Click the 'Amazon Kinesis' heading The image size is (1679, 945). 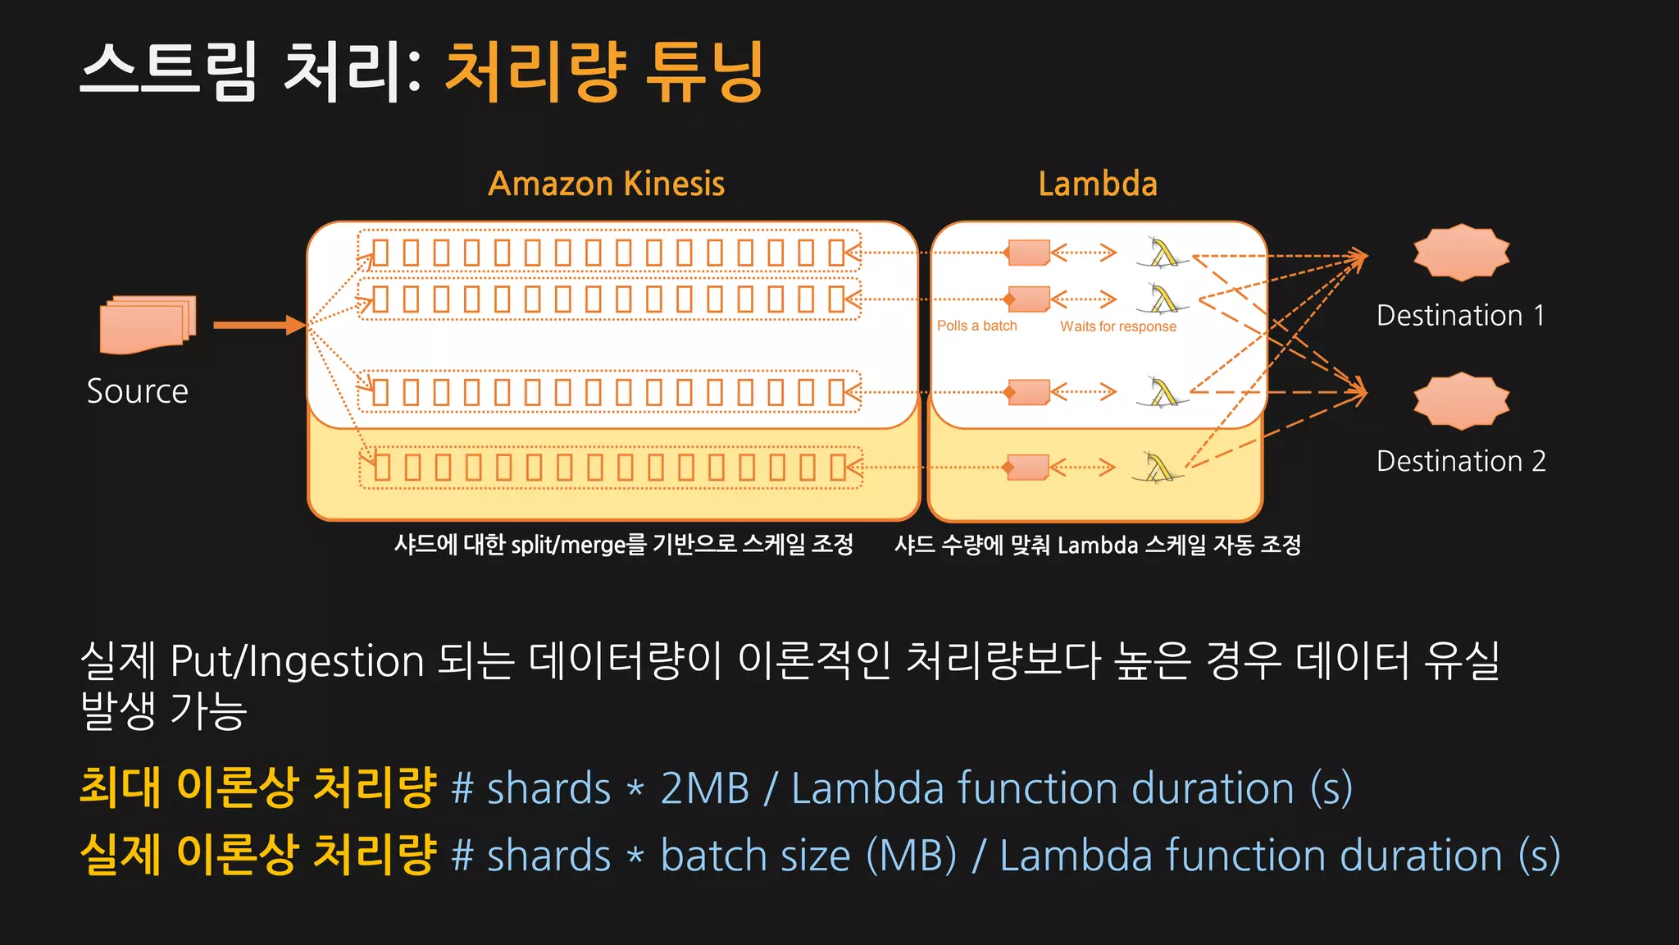coord(606,184)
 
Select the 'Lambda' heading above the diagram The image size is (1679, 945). coord(1098,184)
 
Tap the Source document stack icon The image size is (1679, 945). coord(148,325)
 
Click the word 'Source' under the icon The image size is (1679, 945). coord(138,391)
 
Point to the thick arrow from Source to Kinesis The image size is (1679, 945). coord(258,326)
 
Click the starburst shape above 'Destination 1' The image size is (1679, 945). coord(1461,252)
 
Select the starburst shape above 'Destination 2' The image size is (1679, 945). coord(1461,401)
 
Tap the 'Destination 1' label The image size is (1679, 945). coord(1460,316)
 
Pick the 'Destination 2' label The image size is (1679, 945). coord(1461,461)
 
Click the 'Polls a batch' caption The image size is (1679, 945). coord(976,326)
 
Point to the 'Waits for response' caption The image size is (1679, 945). coord(1117,326)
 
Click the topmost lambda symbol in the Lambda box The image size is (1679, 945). coord(1163,253)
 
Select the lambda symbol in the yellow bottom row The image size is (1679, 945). coord(1158,468)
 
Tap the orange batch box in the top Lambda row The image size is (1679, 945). coord(1028,253)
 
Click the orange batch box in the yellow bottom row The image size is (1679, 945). coord(1027,468)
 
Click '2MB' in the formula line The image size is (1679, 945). coord(705,788)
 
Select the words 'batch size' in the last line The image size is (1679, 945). coord(755,856)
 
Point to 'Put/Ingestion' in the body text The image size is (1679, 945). coord(297,661)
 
